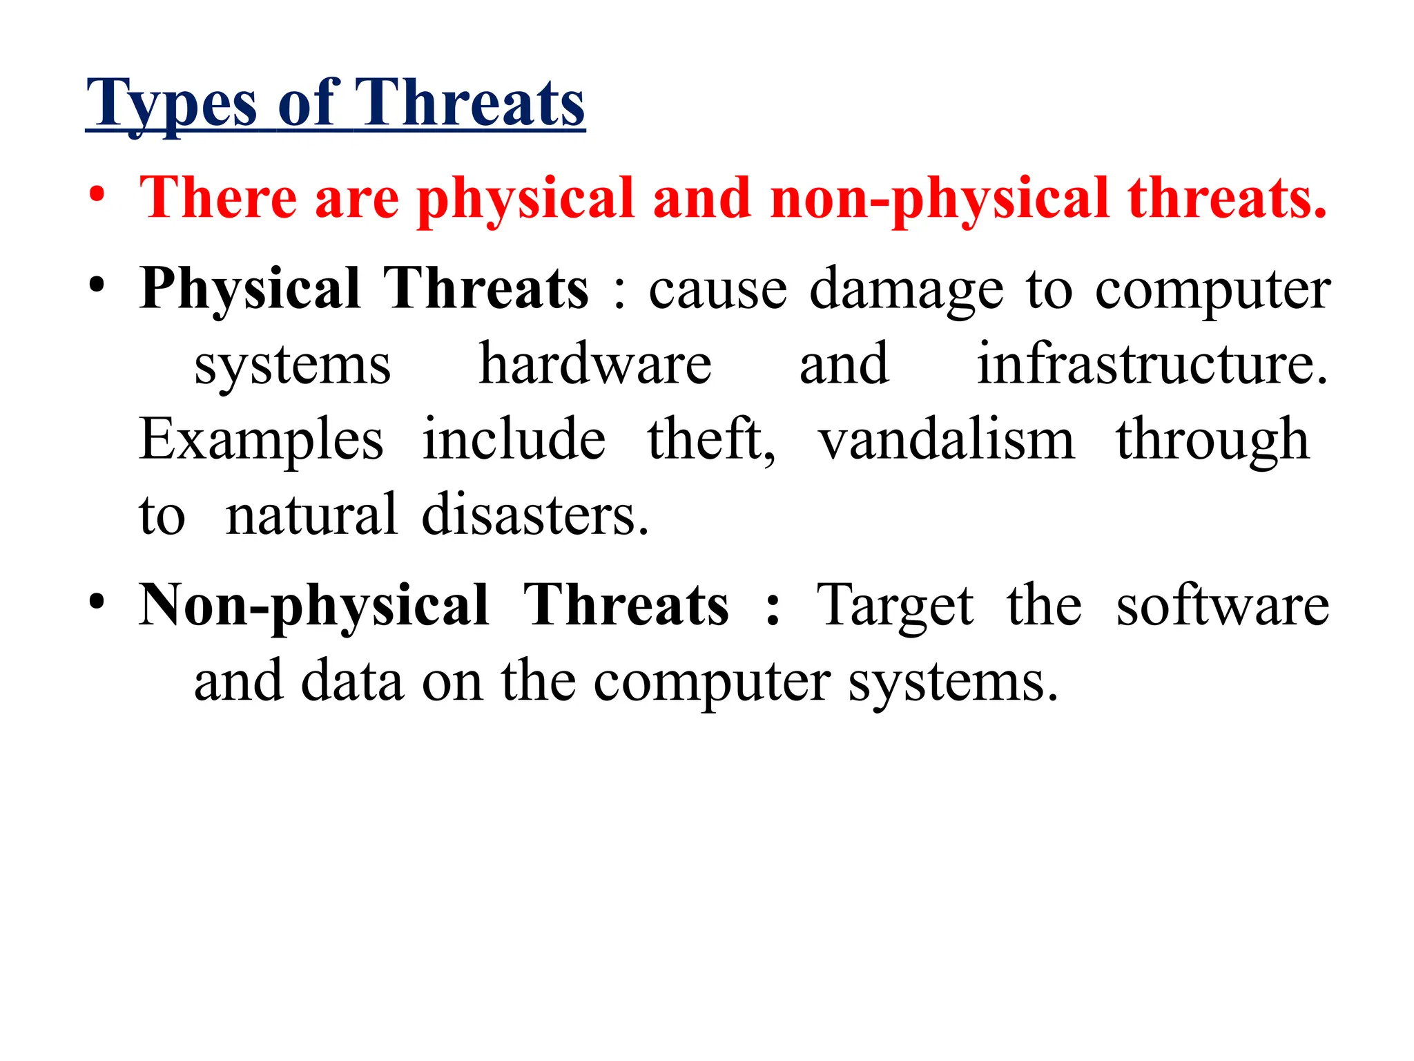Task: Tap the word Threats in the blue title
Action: coord(470,104)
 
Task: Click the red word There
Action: coord(218,198)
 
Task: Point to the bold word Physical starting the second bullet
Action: coord(250,289)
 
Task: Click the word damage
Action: coord(906,290)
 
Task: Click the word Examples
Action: coord(261,440)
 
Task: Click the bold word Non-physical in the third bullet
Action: coord(314,606)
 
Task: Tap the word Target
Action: coord(895,606)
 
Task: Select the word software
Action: coord(1222,606)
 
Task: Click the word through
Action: coord(1212,440)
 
